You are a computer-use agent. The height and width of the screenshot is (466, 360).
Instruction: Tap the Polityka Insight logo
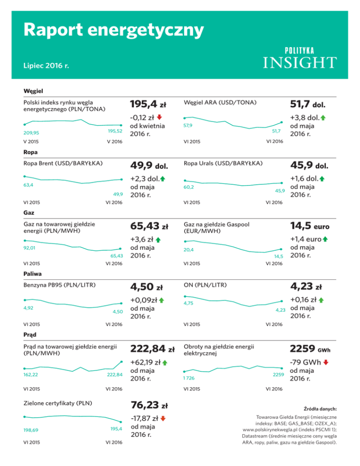(x=298, y=58)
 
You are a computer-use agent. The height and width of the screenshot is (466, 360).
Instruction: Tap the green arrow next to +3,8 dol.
(x=323, y=117)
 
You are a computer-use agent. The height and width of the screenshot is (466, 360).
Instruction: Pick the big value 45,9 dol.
(x=309, y=165)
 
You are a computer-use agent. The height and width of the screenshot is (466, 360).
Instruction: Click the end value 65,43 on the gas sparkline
(x=116, y=256)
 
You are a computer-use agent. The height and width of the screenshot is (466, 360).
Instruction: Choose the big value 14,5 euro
(x=310, y=226)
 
